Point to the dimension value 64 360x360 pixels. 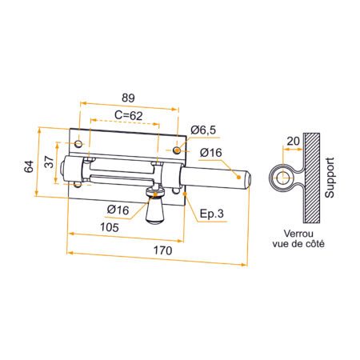[x=29, y=166]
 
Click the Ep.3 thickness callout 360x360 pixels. [x=211, y=214]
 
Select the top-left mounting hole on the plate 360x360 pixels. [x=78, y=143]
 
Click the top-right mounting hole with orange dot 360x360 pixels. [x=178, y=150]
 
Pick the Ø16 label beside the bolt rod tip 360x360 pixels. [x=210, y=153]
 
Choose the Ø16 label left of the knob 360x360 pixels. [x=118, y=210]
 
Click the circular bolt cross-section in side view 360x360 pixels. [x=281, y=178]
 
